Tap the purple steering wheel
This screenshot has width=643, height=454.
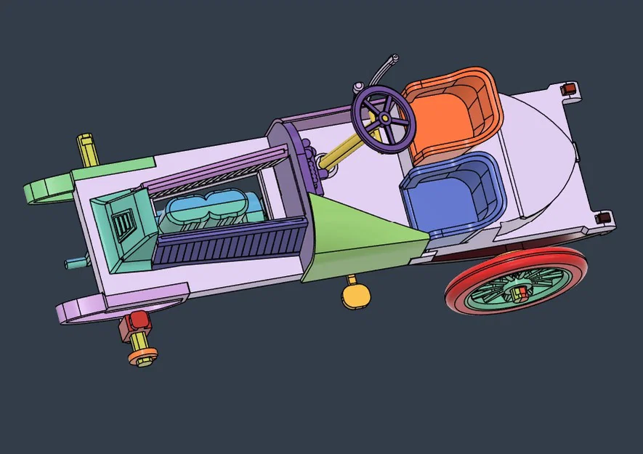point(384,119)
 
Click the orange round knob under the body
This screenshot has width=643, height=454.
point(356,295)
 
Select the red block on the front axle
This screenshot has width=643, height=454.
point(136,320)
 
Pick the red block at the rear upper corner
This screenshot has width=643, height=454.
point(570,89)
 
